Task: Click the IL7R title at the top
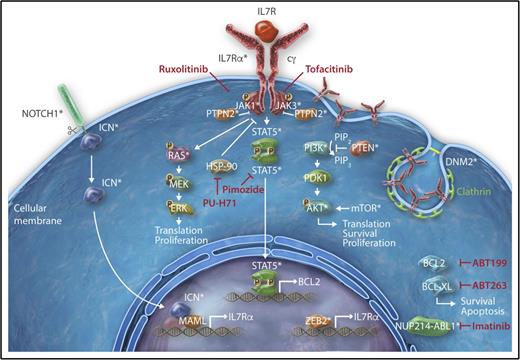point(261,11)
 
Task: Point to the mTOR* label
point(371,209)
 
